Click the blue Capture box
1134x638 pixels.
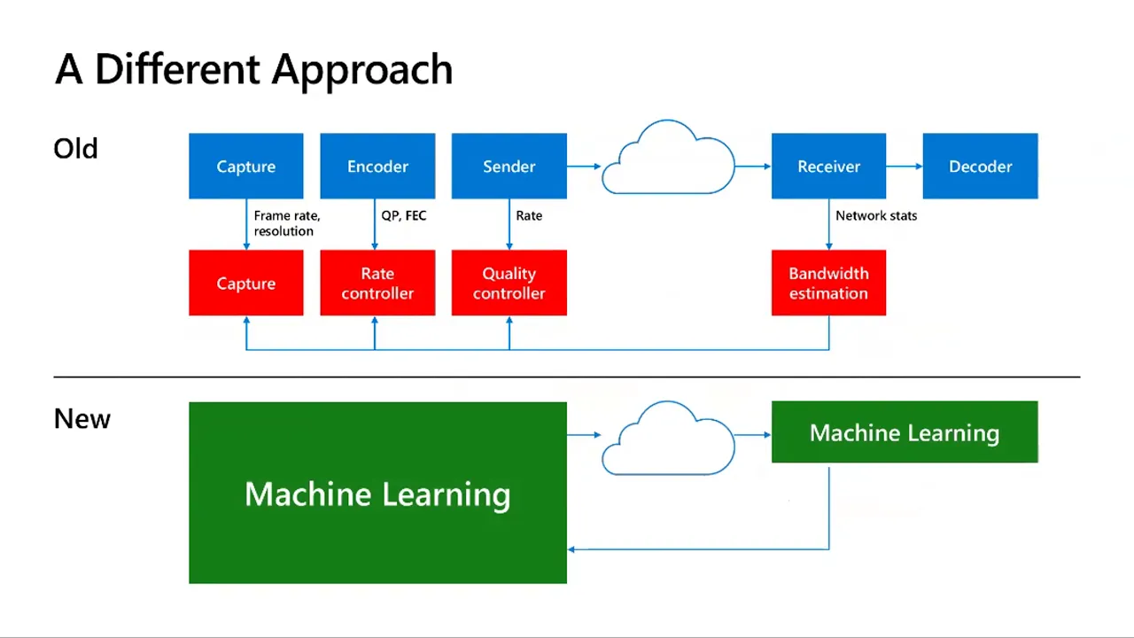tap(246, 166)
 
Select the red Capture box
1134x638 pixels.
tap(246, 283)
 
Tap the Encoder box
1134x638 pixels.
tap(377, 166)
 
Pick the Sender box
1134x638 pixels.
tap(509, 166)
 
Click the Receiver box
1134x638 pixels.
tap(828, 166)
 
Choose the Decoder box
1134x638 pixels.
tap(980, 166)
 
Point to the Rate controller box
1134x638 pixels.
tap(377, 283)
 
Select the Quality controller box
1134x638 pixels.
tap(509, 283)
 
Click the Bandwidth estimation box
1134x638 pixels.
tap(828, 283)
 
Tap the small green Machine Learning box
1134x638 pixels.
tap(905, 432)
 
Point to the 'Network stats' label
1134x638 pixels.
tap(876, 215)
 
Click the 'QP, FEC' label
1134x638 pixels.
tap(403, 215)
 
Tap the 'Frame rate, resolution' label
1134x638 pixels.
tap(287, 223)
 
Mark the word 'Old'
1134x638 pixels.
tap(75, 149)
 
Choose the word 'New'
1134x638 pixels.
tap(82, 419)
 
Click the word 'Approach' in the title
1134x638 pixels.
tap(362, 71)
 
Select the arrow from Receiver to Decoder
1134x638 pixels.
tap(905, 166)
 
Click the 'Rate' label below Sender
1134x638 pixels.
tap(529, 215)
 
